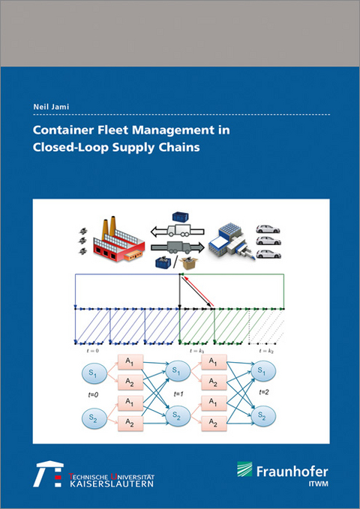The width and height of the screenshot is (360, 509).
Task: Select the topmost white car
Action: (268, 229)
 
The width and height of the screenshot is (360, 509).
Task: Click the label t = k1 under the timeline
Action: (196, 351)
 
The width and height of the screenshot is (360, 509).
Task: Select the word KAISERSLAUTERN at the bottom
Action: (112, 484)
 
